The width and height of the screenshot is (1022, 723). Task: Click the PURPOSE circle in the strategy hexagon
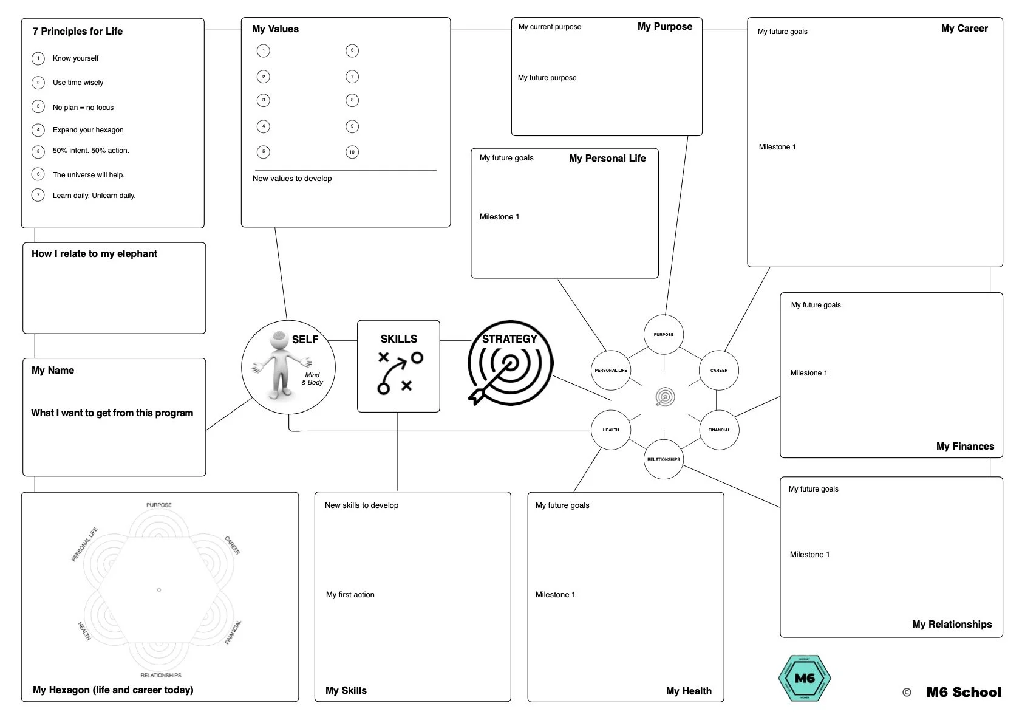coord(664,334)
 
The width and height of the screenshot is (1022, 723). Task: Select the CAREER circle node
coord(719,370)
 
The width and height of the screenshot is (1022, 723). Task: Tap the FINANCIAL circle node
coord(719,430)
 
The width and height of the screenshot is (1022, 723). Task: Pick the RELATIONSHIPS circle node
coord(664,459)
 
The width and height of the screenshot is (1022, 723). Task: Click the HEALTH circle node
coord(611,430)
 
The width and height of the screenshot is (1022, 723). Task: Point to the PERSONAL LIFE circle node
coord(611,370)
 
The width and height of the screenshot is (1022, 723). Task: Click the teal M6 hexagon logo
coord(805,678)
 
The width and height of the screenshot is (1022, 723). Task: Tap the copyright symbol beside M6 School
coord(907,692)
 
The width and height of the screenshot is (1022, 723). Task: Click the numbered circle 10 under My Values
coord(352,152)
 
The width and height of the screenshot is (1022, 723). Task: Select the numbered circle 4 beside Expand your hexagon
coord(38,129)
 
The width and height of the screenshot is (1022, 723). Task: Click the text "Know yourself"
coord(75,58)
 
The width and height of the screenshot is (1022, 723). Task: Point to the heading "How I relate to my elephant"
coord(94,253)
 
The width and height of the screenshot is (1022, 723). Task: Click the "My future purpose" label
coord(547,78)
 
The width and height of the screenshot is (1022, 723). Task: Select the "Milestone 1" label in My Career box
coord(777,147)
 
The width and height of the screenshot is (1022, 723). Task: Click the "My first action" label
coord(350,595)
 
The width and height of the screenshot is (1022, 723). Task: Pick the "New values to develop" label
coord(292,179)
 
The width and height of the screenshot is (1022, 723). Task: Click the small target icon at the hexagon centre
coord(665,397)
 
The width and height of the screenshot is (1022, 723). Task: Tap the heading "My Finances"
coord(965,446)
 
